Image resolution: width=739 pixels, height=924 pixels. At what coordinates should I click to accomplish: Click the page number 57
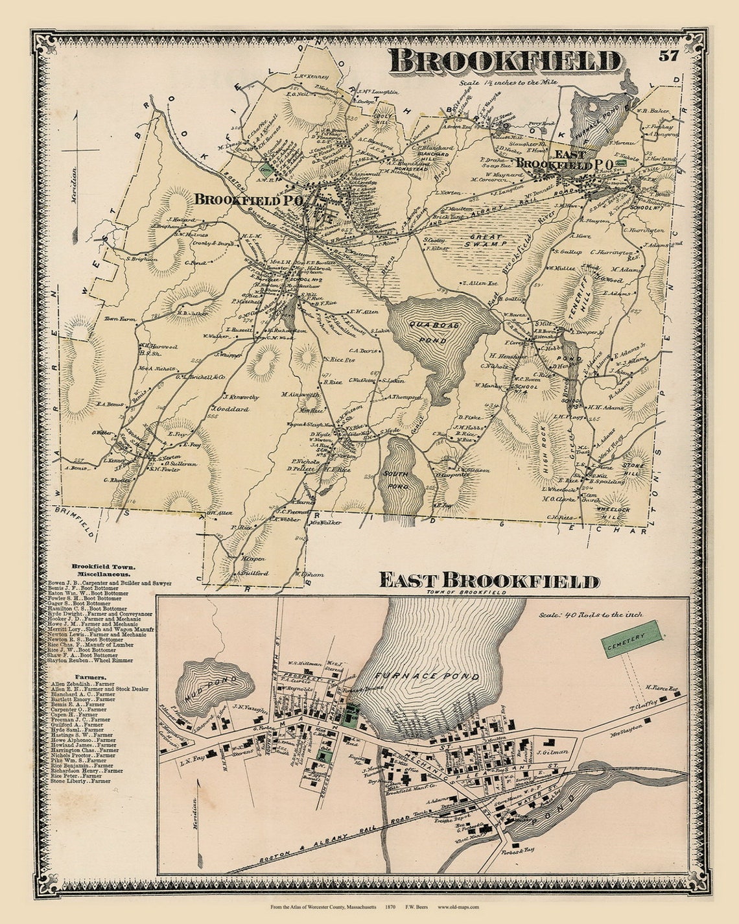click(x=668, y=55)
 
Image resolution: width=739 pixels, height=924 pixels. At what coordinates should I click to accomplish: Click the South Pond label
click(x=395, y=479)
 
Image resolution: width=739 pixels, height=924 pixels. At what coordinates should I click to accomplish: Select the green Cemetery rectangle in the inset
click(x=632, y=639)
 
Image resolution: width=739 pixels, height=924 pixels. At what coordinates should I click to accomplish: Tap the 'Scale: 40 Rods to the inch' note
click(x=592, y=614)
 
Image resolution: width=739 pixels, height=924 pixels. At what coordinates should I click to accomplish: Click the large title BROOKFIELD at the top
click(x=506, y=62)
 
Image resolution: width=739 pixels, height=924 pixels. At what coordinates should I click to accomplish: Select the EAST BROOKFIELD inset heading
click(x=489, y=580)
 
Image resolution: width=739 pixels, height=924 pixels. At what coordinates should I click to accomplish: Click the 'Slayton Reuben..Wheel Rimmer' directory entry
click(x=91, y=660)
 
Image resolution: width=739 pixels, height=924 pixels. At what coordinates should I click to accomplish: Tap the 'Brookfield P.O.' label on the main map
click(x=249, y=201)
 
